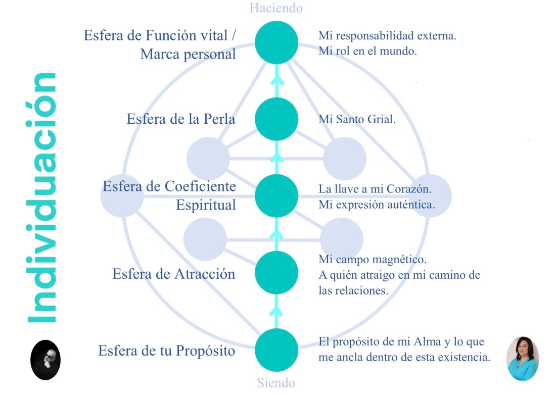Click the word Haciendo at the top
[276, 8]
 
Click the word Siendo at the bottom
[276, 382]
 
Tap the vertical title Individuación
[42, 198]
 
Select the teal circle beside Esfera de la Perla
[276, 119]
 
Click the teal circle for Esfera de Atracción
[276, 273]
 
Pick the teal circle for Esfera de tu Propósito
[276, 350]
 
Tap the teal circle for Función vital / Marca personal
[276, 42]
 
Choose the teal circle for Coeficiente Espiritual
[276, 196]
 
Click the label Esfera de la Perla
[181, 119]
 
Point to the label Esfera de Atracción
[173, 274]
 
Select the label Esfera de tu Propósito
[167, 351]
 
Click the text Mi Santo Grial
[357, 120]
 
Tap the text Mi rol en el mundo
[367, 51]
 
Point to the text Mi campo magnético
[373, 260]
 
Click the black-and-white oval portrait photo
[45, 360]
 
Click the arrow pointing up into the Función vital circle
[276, 81]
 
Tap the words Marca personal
[188, 54]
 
